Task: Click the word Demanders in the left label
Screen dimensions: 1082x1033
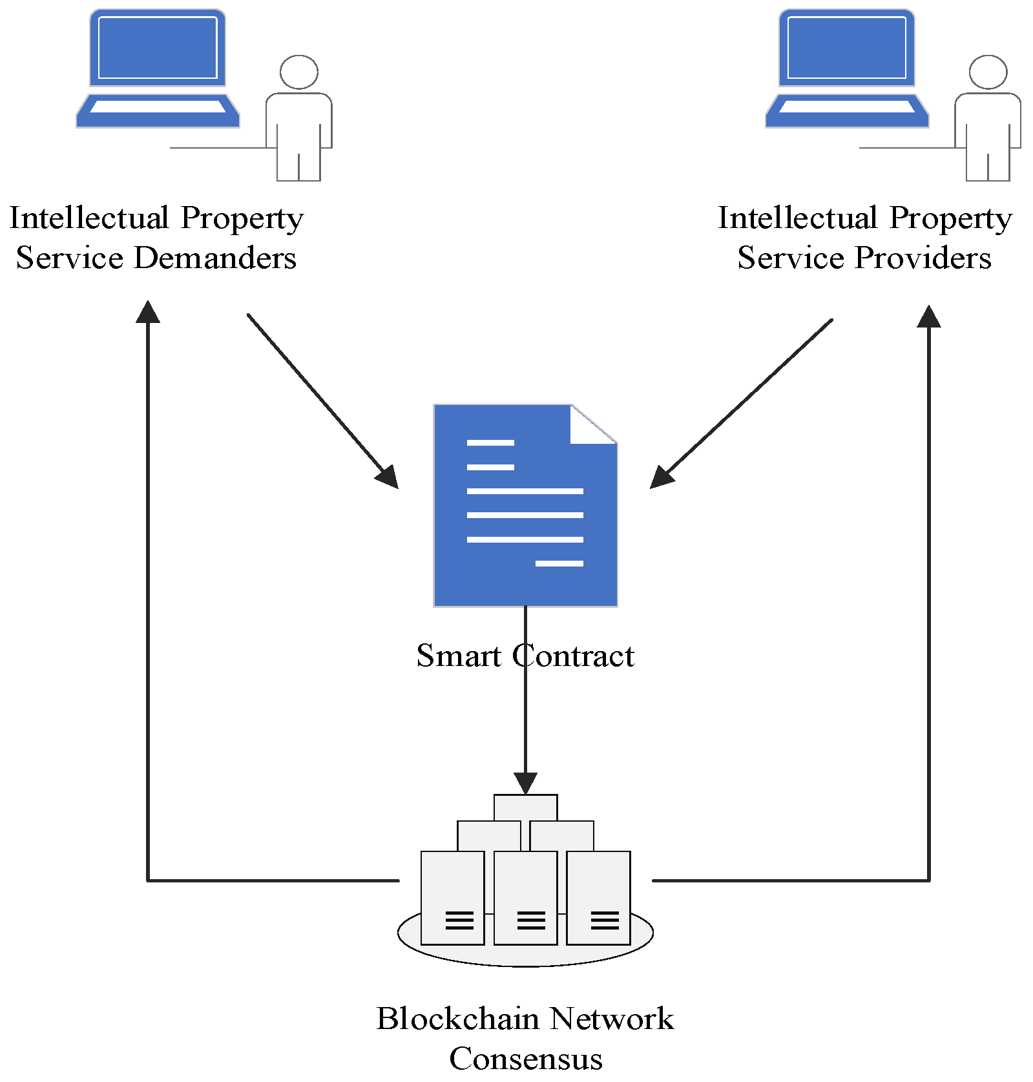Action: tap(214, 258)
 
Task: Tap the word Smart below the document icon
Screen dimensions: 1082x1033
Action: tap(458, 656)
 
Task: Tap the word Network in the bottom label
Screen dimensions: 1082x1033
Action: tap(612, 1019)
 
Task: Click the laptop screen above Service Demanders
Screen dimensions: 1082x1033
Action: tap(158, 47)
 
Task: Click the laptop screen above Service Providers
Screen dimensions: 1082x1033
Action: tap(846, 47)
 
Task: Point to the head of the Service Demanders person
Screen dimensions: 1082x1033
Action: tap(299, 72)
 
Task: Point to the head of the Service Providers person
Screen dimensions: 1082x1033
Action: tap(988, 72)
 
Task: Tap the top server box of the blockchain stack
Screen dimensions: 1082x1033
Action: tap(525, 807)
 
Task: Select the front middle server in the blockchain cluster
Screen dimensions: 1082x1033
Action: tap(525, 898)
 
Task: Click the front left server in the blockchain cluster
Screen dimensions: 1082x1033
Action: tap(452, 898)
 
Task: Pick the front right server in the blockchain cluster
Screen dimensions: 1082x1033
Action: tap(598, 898)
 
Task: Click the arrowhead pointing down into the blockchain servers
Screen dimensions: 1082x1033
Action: tap(525, 783)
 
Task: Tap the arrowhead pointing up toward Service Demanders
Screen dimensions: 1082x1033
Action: tap(148, 312)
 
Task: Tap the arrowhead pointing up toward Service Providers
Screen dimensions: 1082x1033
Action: tap(929, 317)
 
